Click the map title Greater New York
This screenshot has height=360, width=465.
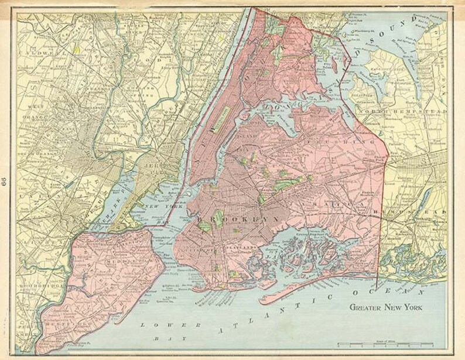(x=386, y=307)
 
